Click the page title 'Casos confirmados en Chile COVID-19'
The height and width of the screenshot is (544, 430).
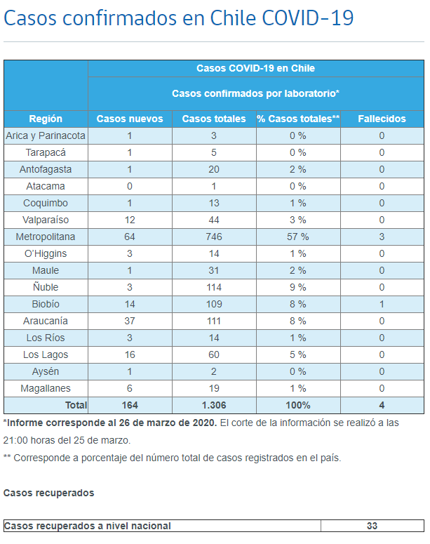pos(178,18)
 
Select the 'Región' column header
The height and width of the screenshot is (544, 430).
pos(46,119)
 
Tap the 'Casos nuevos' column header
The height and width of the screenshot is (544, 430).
pos(130,119)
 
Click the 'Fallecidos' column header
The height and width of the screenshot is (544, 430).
pos(382,119)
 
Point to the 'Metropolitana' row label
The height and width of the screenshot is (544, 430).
pos(46,237)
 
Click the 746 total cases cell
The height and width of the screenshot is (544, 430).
pos(213,237)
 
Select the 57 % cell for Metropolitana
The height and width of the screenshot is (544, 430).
pos(298,237)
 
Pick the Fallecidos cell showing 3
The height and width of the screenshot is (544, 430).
pos(382,237)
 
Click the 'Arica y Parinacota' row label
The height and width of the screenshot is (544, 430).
pos(46,135)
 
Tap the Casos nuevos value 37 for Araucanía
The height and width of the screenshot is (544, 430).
pos(130,321)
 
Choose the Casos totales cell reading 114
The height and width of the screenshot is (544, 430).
pos(213,287)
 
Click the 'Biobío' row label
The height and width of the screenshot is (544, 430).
pos(46,304)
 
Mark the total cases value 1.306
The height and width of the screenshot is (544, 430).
pos(213,405)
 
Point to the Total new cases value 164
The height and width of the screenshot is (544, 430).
pos(130,405)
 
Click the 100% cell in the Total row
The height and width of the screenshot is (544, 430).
pos(298,405)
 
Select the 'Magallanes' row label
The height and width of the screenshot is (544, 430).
pos(46,388)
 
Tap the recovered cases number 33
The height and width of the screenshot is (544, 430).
pos(372,526)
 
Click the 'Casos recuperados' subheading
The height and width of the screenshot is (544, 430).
pos(48,493)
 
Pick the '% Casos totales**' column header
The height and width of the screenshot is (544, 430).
pos(298,119)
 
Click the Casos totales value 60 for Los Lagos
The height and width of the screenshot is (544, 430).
pos(213,354)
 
